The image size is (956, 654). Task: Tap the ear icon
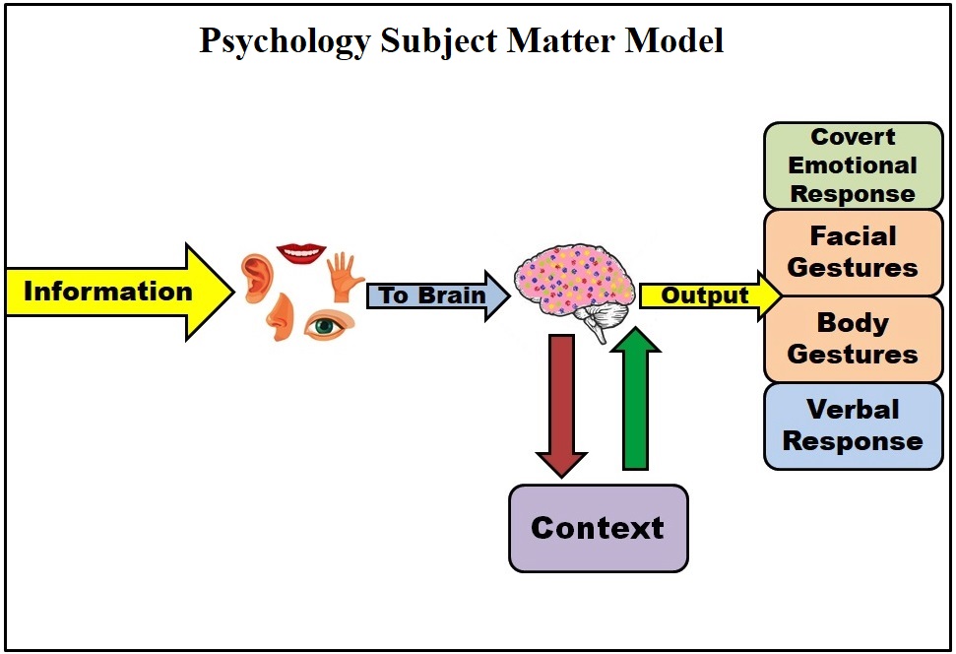[256, 278]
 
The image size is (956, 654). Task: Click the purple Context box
[598, 528]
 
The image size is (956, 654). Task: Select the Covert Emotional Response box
[853, 165]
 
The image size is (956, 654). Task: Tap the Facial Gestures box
[853, 252]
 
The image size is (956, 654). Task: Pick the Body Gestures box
[853, 338]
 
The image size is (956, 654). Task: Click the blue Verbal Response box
[853, 425]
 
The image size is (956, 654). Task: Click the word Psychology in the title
[286, 42]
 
